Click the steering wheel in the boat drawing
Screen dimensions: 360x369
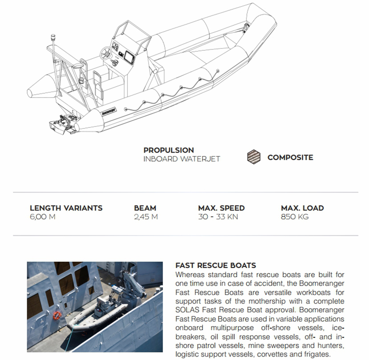(105, 54)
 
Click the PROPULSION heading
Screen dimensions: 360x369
(168, 150)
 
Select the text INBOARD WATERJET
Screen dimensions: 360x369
(181, 159)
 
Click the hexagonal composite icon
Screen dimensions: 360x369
(254, 157)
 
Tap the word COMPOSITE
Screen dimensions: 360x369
(290, 158)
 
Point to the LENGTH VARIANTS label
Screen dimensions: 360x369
(66, 208)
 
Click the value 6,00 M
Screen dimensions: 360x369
(43, 217)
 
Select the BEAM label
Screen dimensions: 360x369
(145, 208)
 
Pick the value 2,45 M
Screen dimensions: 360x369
(146, 217)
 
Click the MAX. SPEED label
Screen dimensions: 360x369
(221, 208)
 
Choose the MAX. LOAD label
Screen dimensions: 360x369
(302, 208)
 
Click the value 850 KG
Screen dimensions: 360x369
(294, 217)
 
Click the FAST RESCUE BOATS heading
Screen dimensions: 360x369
(216, 266)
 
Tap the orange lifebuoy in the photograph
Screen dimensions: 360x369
(57, 316)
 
